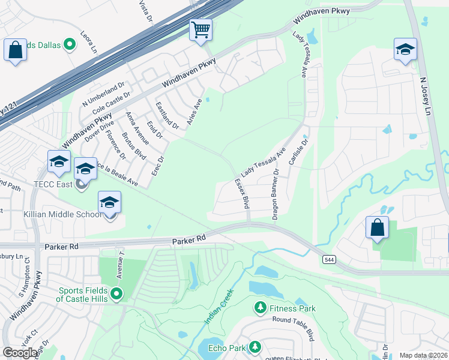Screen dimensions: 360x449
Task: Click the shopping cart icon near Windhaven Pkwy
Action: pos(201,30)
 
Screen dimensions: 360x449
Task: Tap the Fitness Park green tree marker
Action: pos(260,308)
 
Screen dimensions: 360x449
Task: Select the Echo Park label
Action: pos(226,348)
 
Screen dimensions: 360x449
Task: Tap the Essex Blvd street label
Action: pos(242,193)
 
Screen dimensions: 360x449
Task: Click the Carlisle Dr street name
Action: pos(299,150)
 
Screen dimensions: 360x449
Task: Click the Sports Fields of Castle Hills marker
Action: pos(116,294)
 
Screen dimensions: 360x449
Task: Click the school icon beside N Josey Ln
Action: pos(405,50)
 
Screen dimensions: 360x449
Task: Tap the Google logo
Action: pos(20,352)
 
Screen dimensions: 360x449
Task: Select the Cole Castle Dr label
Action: pos(110,103)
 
